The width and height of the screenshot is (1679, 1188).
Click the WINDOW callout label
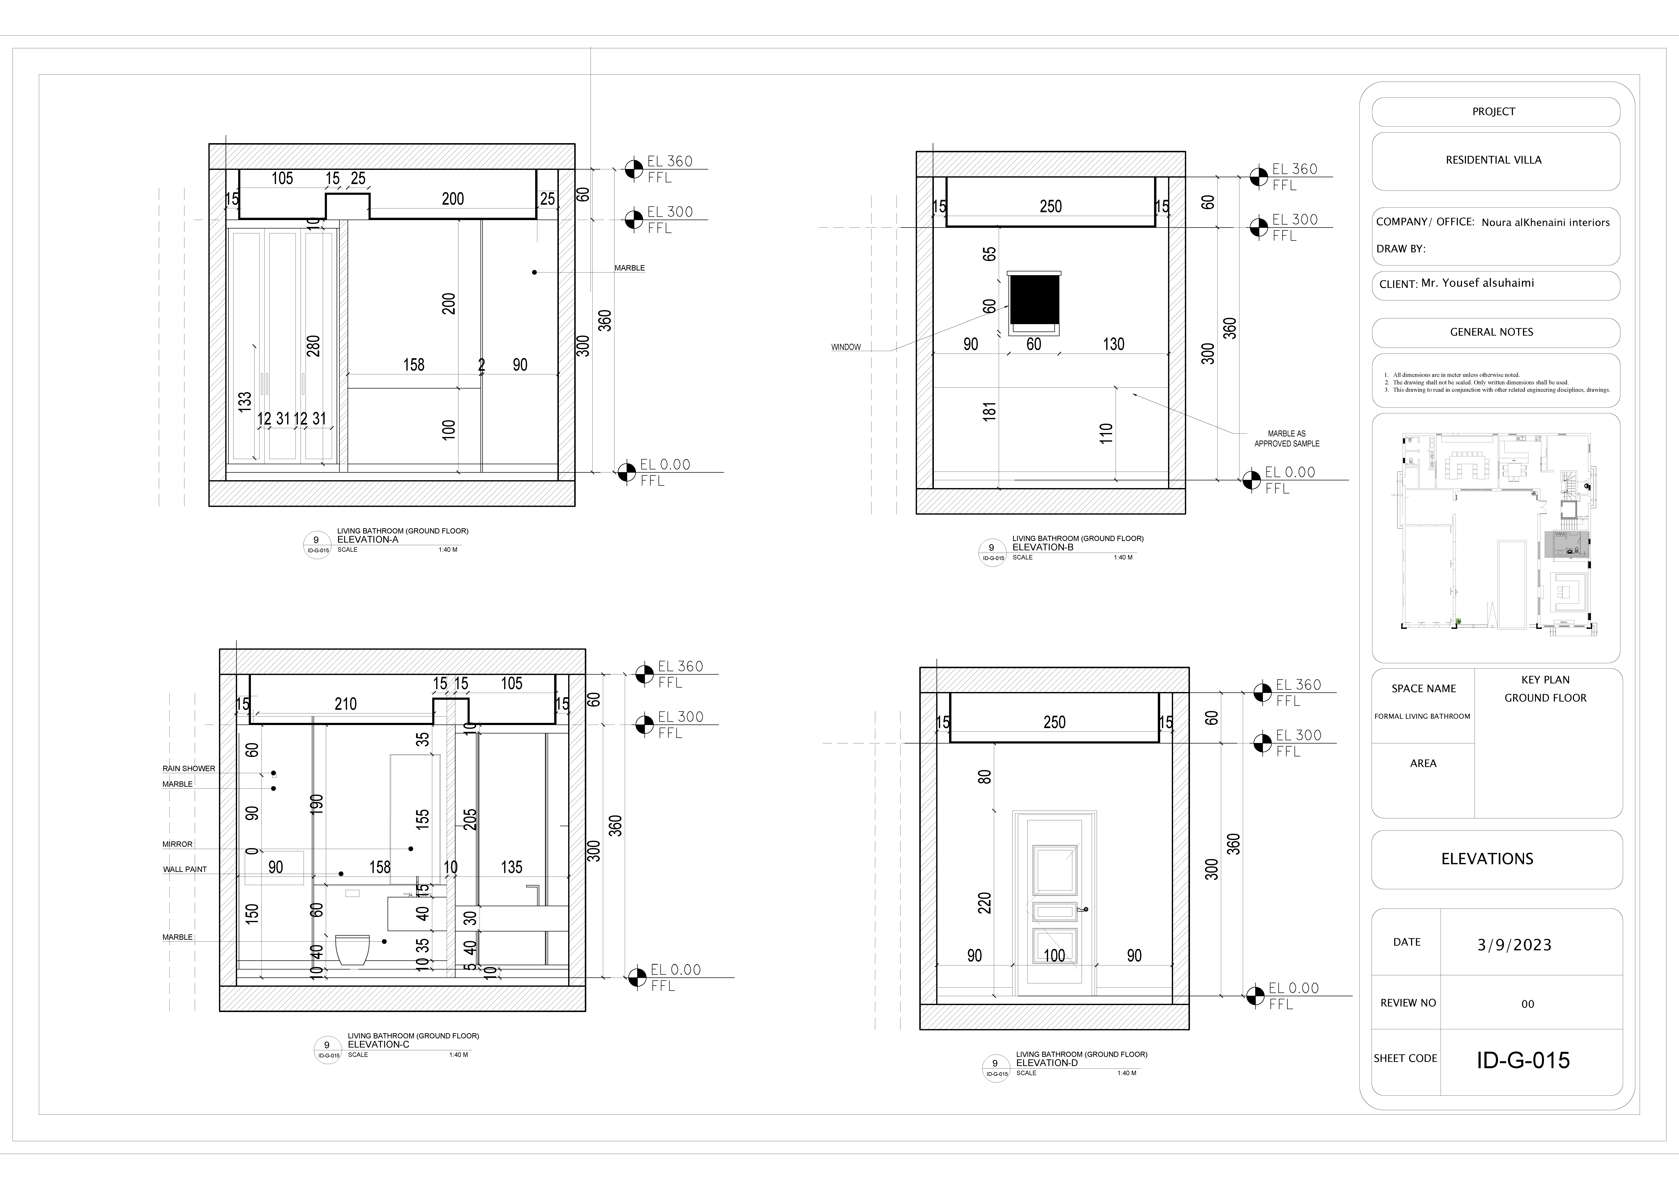coord(846,347)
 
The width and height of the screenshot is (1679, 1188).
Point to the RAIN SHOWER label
coord(189,769)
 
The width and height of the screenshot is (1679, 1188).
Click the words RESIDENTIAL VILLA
coord(1493,160)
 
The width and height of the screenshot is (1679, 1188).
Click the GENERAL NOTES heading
coord(1492,332)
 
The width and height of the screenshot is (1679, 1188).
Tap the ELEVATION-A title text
coord(368,540)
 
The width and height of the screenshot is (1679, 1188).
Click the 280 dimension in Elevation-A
coord(314,346)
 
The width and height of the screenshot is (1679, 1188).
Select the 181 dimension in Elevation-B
coord(989,412)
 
